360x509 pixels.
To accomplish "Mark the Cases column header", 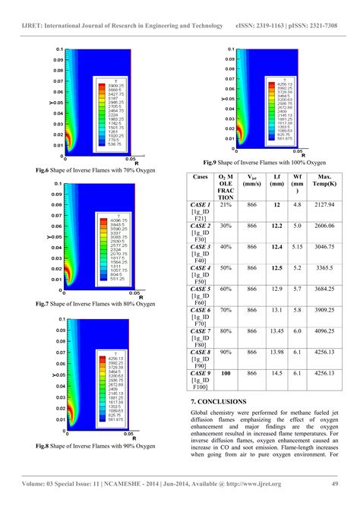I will pyautogui.click(x=201, y=175).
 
